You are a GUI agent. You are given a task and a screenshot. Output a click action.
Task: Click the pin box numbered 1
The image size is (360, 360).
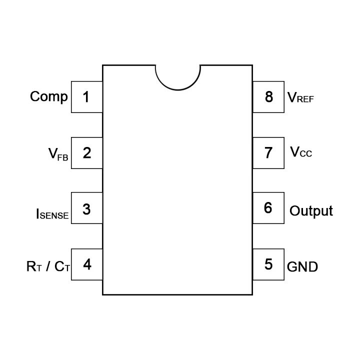(x=87, y=97)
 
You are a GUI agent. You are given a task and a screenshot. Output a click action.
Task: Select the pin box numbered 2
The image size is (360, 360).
(x=87, y=153)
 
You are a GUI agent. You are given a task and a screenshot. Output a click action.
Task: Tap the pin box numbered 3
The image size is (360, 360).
(x=87, y=208)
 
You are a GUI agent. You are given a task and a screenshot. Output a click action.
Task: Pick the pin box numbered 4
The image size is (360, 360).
(x=87, y=264)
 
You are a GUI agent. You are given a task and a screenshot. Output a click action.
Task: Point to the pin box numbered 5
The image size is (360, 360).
(x=268, y=264)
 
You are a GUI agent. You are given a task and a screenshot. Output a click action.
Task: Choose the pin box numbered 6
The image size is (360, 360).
(x=268, y=208)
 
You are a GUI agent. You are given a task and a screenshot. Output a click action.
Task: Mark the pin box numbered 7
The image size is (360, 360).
(x=268, y=153)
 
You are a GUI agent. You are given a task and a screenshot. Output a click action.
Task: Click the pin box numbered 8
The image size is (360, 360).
(x=268, y=97)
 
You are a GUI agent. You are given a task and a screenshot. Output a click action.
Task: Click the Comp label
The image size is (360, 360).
(x=49, y=97)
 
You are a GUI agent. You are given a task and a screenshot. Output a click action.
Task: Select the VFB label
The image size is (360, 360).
(x=58, y=154)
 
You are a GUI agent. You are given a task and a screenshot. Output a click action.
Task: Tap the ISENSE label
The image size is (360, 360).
(x=52, y=214)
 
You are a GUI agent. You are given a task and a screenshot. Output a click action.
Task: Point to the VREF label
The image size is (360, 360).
(x=300, y=97)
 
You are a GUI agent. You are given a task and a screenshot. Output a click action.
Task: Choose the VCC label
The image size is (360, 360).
(x=301, y=152)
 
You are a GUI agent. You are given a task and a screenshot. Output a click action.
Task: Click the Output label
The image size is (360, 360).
(x=311, y=211)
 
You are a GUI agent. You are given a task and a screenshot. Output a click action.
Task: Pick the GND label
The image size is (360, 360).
(x=302, y=267)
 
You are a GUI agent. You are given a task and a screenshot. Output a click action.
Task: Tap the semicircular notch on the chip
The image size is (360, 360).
(x=178, y=90)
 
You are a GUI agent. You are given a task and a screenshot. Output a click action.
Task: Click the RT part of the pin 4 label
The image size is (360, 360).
(x=34, y=266)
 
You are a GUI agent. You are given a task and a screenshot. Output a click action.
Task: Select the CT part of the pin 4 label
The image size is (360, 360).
(x=62, y=266)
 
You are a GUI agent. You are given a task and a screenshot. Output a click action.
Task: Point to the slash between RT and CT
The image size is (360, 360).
(x=48, y=266)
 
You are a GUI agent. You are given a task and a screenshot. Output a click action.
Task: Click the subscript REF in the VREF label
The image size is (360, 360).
(x=305, y=99)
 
